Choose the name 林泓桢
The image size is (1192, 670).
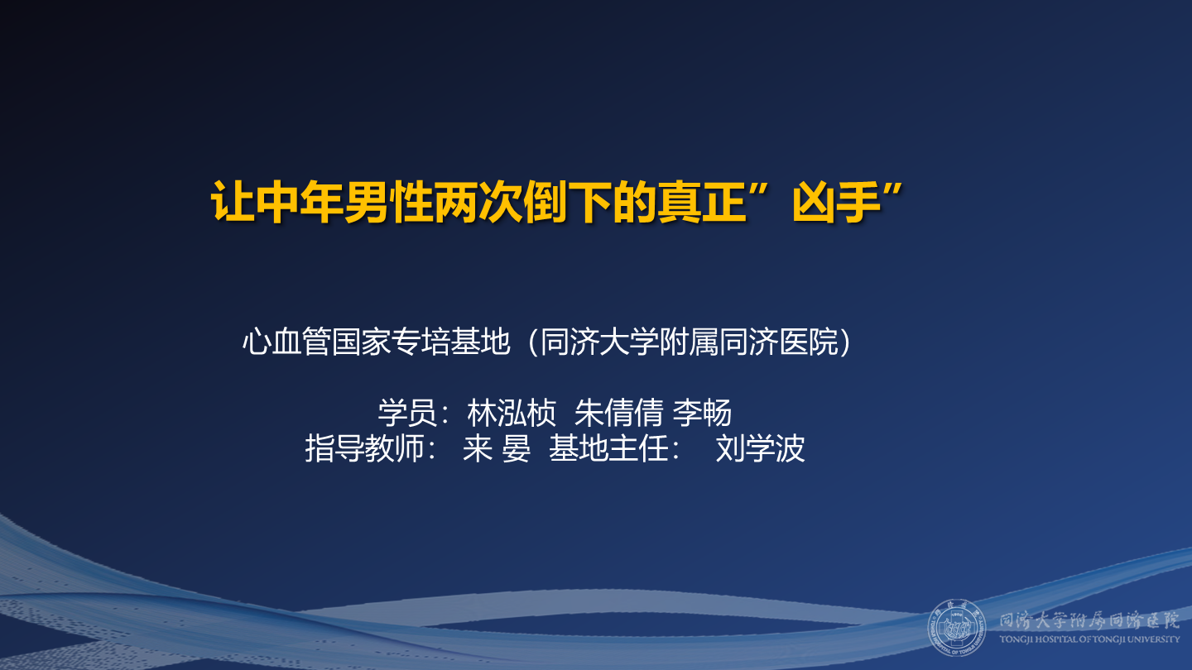coord(511,411)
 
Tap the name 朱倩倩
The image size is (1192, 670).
coord(618,411)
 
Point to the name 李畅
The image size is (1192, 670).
coord(701,411)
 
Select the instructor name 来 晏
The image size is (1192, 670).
coord(497,448)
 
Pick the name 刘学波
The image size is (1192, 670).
coord(760,448)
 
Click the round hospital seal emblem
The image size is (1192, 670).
coord(956,626)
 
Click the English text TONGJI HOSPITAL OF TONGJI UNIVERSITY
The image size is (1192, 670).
coord(1089,639)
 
